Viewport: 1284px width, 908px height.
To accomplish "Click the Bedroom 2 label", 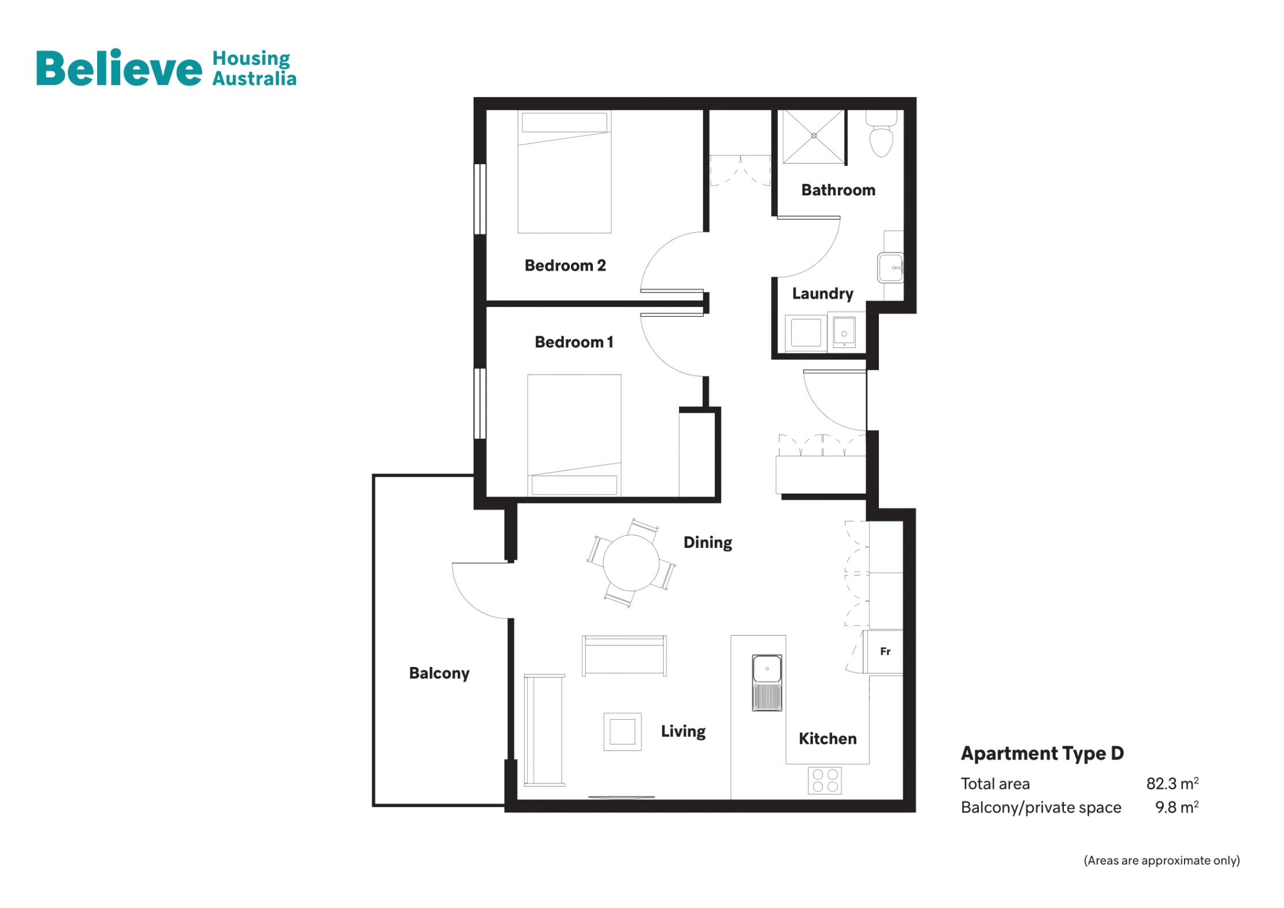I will [x=565, y=265].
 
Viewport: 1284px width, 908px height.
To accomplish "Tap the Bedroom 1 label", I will [x=573, y=342].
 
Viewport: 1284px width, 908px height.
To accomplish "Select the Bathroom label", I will [x=837, y=190].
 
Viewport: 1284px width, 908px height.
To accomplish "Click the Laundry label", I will [x=822, y=293].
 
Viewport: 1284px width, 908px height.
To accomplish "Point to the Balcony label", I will [x=439, y=673].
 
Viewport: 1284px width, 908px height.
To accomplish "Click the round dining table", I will [x=630, y=562].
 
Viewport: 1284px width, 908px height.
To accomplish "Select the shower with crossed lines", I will [x=813, y=136].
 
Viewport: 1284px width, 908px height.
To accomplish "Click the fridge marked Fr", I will [x=884, y=651].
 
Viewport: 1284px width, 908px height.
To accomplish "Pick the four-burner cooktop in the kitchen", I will [x=824, y=780].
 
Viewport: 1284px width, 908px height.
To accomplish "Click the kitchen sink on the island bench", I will [x=766, y=682].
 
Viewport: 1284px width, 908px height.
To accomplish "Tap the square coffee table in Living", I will [x=622, y=731].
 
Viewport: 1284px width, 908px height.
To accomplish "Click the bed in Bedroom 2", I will [x=564, y=173].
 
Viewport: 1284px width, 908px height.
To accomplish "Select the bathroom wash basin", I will [x=890, y=268].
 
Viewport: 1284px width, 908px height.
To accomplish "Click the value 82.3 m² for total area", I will [x=1171, y=783].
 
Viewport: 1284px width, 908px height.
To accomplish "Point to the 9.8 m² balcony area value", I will [x=1176, y=807].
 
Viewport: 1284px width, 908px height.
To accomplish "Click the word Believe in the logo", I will [x=119, y=68].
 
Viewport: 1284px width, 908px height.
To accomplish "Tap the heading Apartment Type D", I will [x=1041, y=753].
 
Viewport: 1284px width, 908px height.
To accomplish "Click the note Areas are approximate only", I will [x=1161, y=860].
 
